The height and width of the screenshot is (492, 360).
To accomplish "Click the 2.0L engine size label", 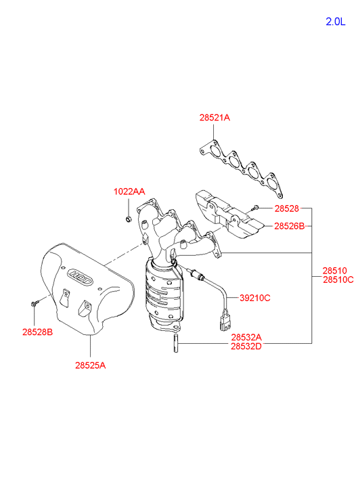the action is click(336, 22).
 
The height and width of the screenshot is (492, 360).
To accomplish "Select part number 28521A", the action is click(215, 118).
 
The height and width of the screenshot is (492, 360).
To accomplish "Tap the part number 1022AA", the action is click(129, 192).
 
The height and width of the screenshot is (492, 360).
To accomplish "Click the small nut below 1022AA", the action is click(128, 219).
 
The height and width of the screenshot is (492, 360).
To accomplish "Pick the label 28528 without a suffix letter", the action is click(287, 208).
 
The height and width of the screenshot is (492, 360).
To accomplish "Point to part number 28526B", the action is click(290, 226).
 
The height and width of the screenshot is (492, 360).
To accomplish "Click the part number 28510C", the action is click(338, 279).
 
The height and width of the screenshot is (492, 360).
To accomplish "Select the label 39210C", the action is click(255, 298).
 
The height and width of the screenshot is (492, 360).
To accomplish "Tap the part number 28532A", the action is click(246, 337).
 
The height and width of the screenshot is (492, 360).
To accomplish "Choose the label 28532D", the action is click(246, 346).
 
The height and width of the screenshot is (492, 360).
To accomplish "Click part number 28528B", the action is click(38, 332).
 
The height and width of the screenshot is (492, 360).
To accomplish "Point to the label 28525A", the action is click(91, 365).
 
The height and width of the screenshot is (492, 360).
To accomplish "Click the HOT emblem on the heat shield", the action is click(81, 277).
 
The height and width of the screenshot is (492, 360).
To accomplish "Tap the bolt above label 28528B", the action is click(35, 303).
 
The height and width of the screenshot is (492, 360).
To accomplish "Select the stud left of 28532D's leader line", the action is click(176, 344).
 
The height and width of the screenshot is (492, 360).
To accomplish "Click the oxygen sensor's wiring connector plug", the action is click(225, 321).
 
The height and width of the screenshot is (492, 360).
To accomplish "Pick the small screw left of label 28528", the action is click(256, 207).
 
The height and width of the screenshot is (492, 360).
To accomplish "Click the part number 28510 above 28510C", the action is click(335, 271).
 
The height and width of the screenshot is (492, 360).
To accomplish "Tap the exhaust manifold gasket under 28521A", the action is click(241, 169).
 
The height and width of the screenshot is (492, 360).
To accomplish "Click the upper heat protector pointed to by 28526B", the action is click(229, 215).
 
